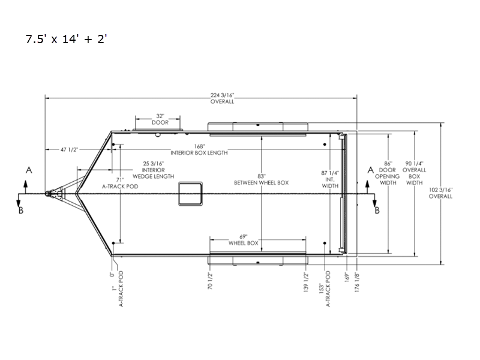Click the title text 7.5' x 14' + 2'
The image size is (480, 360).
click(x=67, y=39)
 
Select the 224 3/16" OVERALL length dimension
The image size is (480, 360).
click(x=222, y=98)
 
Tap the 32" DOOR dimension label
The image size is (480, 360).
click(x=160, y=119)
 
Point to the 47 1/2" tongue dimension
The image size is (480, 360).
click(x=69, y=149)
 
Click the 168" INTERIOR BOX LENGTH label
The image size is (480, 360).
click(x=199, y=149)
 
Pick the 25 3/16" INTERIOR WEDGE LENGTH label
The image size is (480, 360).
click(x=154, y=170)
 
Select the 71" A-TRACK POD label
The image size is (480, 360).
click(x=120, y=183)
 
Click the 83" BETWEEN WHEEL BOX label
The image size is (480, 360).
click(x=262, y=179)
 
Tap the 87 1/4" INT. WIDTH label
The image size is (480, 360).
click(x=330, y=179)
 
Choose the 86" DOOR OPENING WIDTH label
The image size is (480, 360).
click(x=387, y=173)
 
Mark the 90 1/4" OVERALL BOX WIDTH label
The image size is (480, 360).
click(x=414, y=173)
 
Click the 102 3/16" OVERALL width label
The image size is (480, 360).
click(x=440, y=193)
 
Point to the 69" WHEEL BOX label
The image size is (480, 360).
click(x=244, y=240)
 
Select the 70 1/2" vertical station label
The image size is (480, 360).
click(x=210, y=281)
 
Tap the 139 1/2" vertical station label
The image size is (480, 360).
click(x=306, y=281)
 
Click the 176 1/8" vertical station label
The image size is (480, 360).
click(x=356, y=281)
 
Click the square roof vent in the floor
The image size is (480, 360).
click(x=190, y=193)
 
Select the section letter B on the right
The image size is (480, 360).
click(x=377, y=211)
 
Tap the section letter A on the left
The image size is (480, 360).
click(x=29, y=170)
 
